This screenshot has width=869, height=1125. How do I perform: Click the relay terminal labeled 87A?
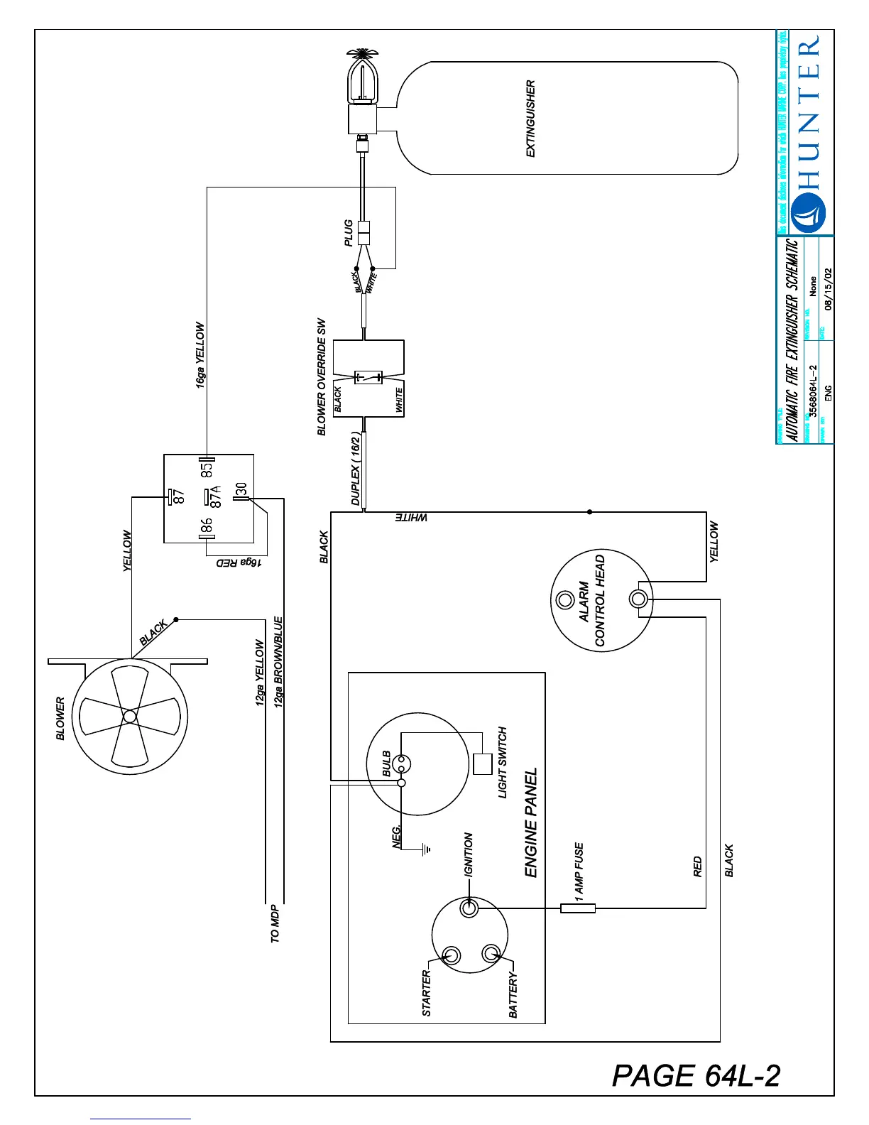pos(206,497)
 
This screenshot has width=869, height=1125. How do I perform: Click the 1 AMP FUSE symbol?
pos(578,908)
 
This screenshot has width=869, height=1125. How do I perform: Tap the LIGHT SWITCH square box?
pos(483,763)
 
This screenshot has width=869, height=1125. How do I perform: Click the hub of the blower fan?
pos(129,717)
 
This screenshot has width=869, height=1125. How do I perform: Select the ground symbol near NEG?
pos(425,848)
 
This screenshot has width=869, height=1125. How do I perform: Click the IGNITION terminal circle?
pos(469,908)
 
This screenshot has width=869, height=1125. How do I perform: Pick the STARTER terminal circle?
pos(452,955)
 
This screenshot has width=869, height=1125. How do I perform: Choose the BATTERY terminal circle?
pos(491,952)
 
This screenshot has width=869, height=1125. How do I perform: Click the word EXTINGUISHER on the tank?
pos(530,119)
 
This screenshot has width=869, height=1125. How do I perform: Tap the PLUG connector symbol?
pos(364,233)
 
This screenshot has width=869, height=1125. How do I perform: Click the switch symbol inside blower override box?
pos(368,377)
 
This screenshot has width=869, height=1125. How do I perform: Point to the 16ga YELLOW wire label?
pos(200,355)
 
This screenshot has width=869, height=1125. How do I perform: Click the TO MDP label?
pos(275,924)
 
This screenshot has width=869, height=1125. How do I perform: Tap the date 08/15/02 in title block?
pos(828,288)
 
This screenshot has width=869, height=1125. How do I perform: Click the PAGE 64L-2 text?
pos(696,1075)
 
